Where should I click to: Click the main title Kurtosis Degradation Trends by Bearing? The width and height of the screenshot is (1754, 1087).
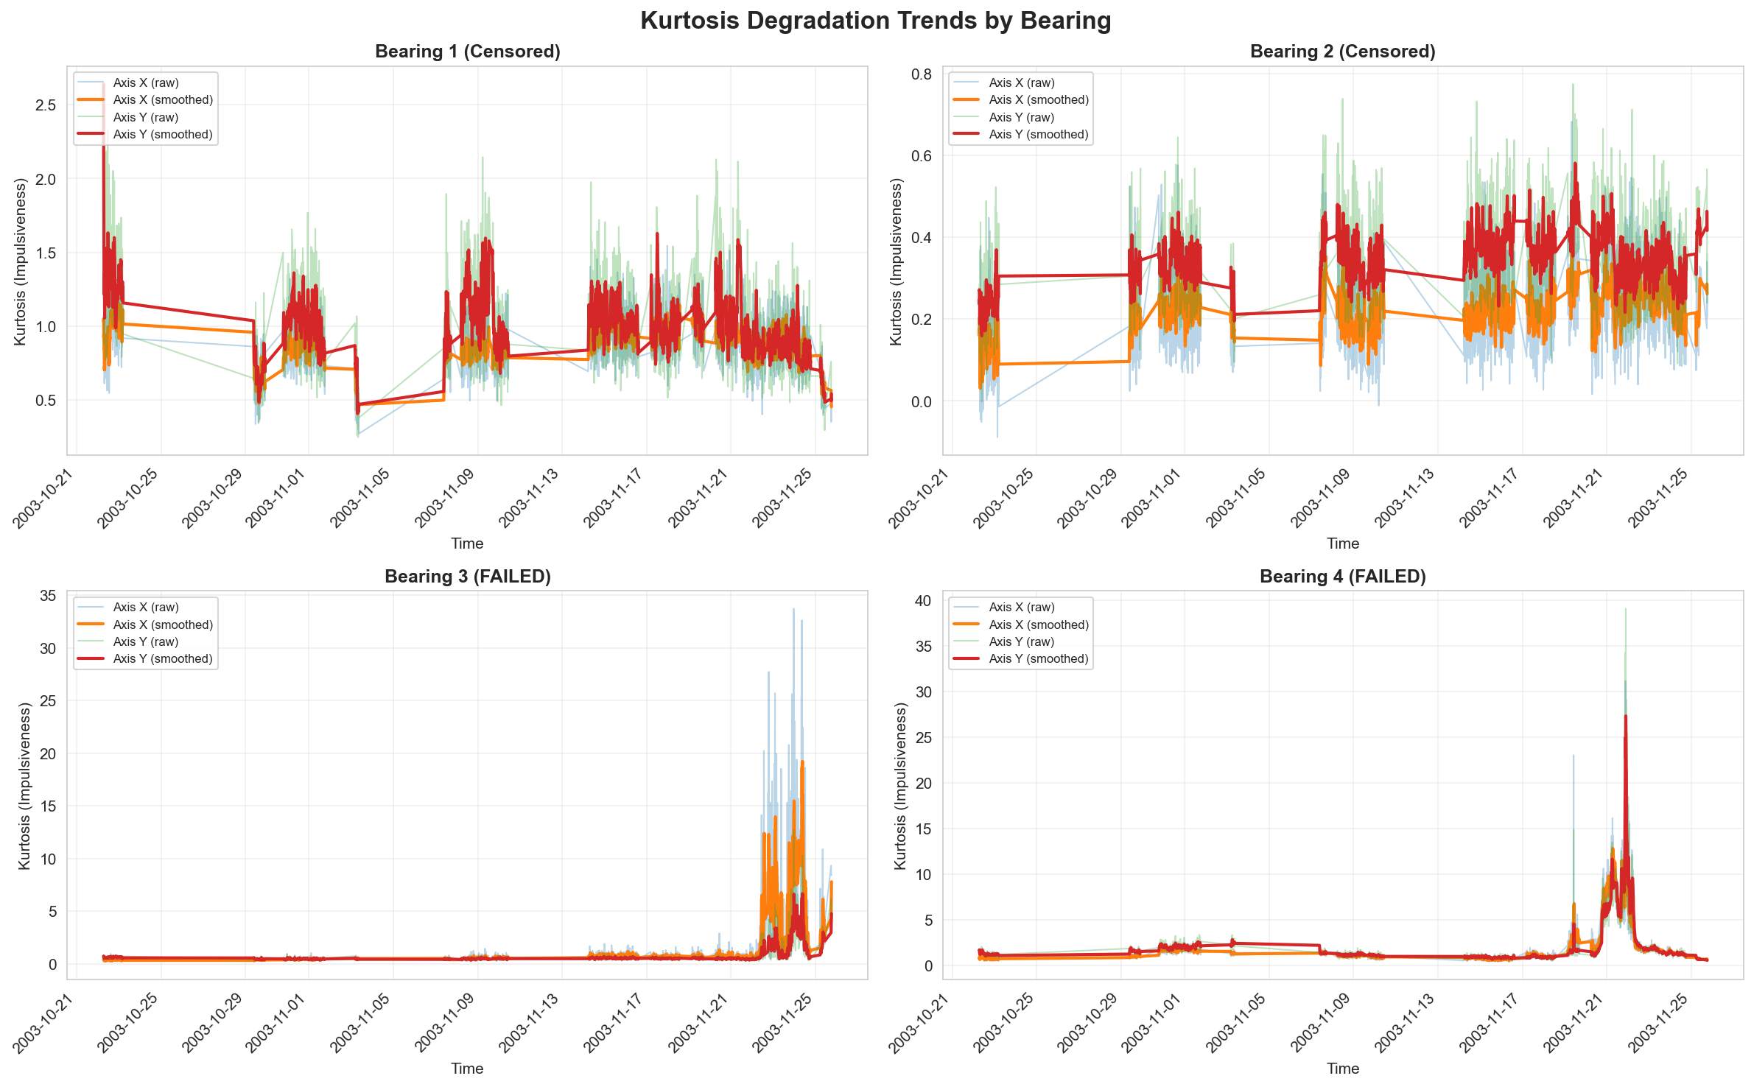click(x=876, y=21)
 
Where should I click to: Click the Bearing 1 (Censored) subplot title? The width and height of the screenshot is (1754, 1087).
click(x=468, y=52)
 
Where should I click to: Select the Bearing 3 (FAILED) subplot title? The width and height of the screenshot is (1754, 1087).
click(x=468, y=577)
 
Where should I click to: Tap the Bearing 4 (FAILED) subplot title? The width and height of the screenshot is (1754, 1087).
click(x=1343, y=577)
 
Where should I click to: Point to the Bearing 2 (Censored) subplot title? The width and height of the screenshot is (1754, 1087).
click(x=1343, y=52)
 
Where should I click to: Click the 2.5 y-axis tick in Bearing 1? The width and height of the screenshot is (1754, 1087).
click(x=46, y=105)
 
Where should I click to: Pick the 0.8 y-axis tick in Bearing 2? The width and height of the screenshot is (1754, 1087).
click(x=922, y=74)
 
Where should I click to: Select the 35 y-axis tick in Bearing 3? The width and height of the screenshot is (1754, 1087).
click(x=48, y=596)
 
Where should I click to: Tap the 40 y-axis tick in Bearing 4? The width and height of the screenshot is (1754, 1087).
click(x=923, y=601)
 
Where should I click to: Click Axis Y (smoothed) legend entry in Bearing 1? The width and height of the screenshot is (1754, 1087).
click(x=163, y=135)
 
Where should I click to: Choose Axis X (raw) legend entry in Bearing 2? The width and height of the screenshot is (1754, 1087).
click(x=1022, y=83)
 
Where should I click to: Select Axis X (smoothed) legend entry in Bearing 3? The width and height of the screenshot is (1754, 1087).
click(x=163, y=625)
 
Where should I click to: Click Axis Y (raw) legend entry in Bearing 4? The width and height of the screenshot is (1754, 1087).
click(x=1021, y=642)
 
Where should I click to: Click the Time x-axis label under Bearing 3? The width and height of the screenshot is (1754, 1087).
click(x=467, y=1069)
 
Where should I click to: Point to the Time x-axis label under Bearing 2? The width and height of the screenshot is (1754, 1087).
click(x=1343, y=543)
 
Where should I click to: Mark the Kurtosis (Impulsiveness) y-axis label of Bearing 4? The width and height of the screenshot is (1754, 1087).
click(x=900, y=785)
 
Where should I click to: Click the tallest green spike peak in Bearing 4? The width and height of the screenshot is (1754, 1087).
click(x=1626, y=609)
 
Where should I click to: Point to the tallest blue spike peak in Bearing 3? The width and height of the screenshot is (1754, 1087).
click(x=793, y=609)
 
